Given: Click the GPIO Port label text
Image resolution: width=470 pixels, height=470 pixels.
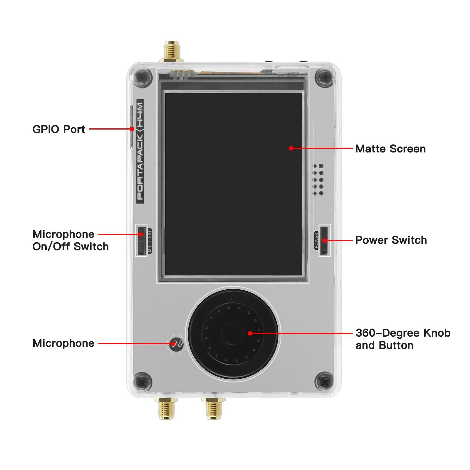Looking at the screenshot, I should point(58,129).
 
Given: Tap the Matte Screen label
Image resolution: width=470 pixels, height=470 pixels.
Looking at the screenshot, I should point(390,149).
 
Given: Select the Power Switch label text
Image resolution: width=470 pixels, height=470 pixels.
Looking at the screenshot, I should point(391,240).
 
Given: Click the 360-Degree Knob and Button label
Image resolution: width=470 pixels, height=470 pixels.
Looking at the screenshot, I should point(402,339).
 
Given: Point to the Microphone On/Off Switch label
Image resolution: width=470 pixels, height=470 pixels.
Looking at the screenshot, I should point(70,240).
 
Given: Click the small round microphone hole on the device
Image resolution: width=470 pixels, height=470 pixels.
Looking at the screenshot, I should point(177,343).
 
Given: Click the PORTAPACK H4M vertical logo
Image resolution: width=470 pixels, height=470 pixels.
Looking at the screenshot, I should point(140,151).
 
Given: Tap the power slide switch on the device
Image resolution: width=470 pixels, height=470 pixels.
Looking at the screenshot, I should point(324,240).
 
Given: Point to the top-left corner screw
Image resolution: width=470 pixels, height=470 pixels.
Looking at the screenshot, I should point(142,78).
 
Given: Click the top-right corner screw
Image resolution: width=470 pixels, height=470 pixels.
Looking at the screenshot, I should point(324,78).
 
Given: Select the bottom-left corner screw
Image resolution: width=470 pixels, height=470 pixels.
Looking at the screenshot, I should point(142,382).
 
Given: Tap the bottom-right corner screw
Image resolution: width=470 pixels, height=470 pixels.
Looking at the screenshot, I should point(324,382).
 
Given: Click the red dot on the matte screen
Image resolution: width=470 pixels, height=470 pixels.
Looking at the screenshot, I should point(291,148).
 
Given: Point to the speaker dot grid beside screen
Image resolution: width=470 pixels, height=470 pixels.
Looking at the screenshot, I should point(318,179).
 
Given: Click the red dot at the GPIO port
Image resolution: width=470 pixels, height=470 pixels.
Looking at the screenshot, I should point(132,129).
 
